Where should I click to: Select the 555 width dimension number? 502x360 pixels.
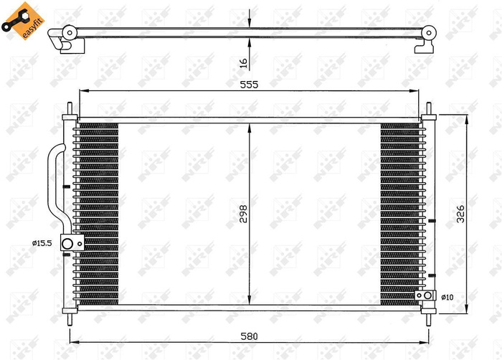click(x=248, y=83)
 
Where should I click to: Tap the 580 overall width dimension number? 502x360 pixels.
click(x=248, y=336)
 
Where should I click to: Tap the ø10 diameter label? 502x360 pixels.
click(x=445, y=295)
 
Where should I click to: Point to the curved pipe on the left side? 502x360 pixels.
click(x=55, y=184)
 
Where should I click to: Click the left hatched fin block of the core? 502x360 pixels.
click(x=96, y=212)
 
